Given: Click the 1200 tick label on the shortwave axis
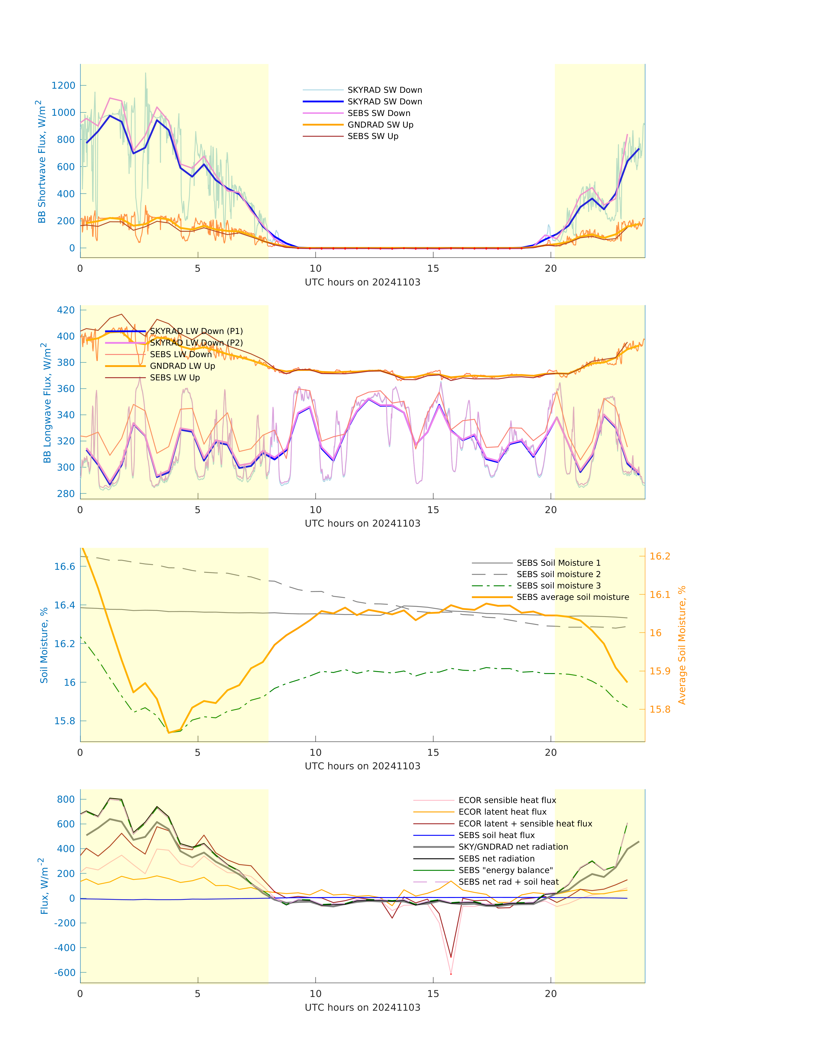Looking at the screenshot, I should click(64, 86).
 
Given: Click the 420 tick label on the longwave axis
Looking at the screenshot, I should click(66, 310).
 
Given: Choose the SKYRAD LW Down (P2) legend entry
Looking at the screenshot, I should click(196, 343).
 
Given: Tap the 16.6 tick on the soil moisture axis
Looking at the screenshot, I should click(64, 567).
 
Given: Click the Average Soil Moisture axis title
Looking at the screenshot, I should click(682, 645).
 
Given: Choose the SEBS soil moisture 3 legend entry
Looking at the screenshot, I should click(558, 586).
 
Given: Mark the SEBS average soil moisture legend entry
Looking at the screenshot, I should click(572, 597).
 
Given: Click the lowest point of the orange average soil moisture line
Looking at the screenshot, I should click(169, 732).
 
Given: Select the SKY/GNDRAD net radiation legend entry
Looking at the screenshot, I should click(513, 847).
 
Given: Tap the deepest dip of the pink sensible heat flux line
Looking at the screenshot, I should click(451, 974).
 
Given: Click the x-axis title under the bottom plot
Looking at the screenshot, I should click(363, 1007).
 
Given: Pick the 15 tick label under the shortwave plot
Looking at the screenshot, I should click(433, 268).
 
